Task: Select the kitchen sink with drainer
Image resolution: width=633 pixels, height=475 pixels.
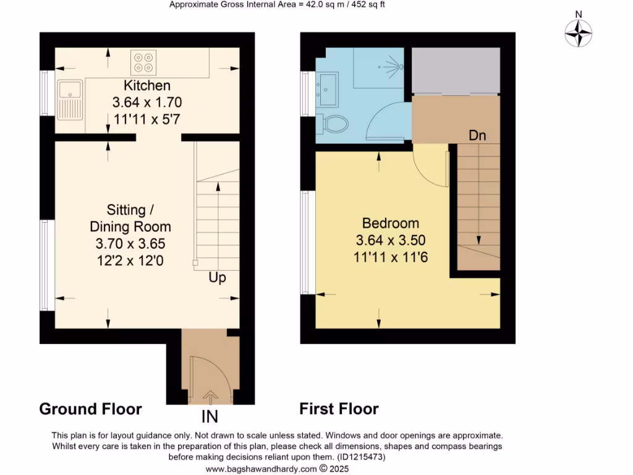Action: pyautogui.click(x=69, y=100)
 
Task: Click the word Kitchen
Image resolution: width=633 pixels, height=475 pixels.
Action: pyautogui.click(x=147, y=86)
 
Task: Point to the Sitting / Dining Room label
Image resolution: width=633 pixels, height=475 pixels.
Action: pyautogui.click(x=130, y=218)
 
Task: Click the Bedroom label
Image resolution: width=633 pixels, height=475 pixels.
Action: pyautogui.click(x=390, y=223)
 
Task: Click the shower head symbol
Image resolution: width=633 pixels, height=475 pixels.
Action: pyautogui.click(x=393, y=64)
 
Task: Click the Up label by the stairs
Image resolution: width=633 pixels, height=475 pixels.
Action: pyautogui.click(x=217, y=278)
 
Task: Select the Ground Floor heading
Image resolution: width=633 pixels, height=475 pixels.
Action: pyautogui.click(x=90, y=409)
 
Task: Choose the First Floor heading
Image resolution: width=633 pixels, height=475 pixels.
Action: pyautogui.click(x=339, y=409)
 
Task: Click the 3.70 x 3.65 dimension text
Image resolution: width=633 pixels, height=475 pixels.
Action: pyautogui.click(x=130, y=244)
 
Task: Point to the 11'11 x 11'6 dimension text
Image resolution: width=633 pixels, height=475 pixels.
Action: pyautogui.click(x=390, y=256)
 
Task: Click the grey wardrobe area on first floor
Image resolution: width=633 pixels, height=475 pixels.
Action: pyautogui.click(x=455, y=71)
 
